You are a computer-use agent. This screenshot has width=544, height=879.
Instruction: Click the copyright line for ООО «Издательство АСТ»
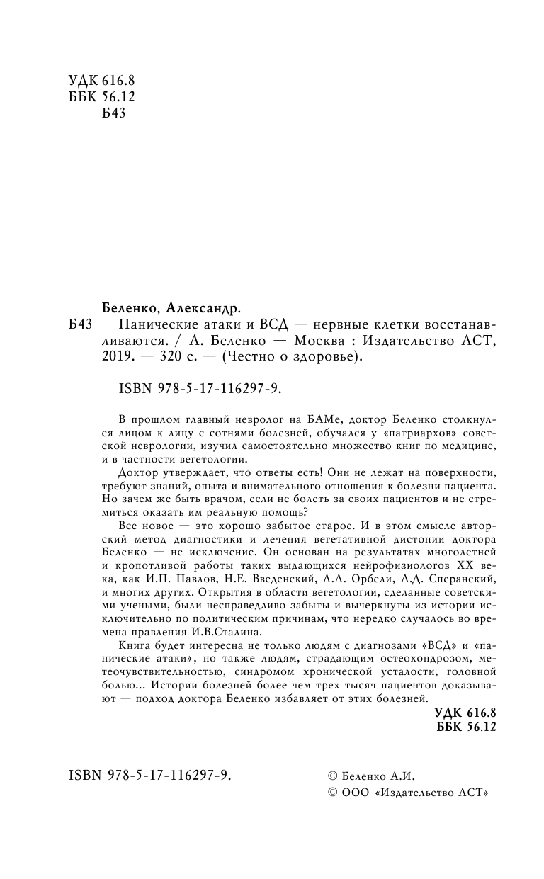405,794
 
